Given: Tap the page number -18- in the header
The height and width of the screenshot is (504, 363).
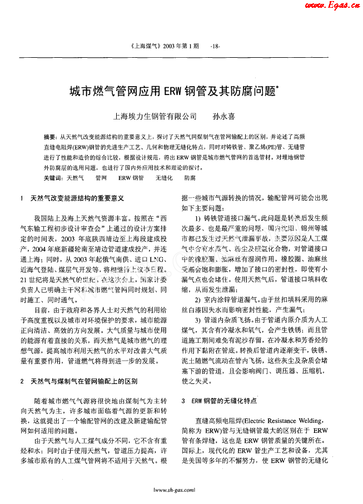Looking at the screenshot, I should point(216,47).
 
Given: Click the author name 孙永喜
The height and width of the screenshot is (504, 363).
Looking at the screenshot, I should point(224,117).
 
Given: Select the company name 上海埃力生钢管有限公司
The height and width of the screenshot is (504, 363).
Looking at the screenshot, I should point(155,117).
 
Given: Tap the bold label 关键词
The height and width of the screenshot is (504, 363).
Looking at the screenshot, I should point(52,177).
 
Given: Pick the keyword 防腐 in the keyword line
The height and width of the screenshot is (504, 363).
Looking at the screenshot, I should point(190,178).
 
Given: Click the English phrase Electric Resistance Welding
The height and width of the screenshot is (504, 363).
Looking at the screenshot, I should point(280,421).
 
